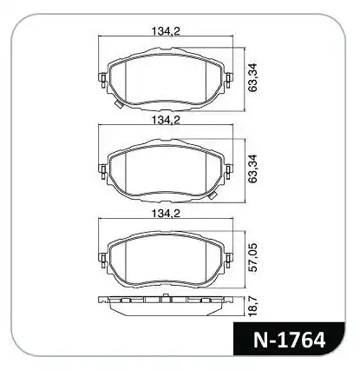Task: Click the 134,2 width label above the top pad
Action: click(166, 30)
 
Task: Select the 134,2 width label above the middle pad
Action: click(166, 120)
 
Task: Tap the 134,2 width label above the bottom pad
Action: click(166, 214)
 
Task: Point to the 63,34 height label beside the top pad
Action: click(252, 77)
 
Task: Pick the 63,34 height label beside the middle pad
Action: click(252, 168)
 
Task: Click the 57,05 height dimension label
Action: click(252, 257)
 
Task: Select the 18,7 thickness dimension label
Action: click(252, 306)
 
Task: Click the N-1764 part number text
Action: click(289, 340)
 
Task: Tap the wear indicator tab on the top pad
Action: click(119, 104)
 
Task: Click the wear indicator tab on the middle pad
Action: click(213, 195)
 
